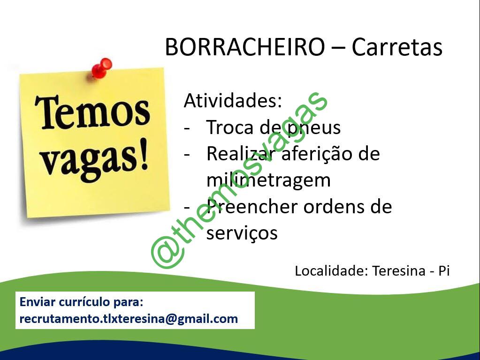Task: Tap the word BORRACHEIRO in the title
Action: (244, 47)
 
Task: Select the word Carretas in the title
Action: (397, 47)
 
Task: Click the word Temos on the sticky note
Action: (92, 112)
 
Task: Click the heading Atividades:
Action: (233, 100)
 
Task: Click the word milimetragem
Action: (268, 180)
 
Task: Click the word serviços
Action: (242, 234)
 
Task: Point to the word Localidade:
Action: (331, 270)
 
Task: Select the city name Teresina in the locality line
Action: (399, 270)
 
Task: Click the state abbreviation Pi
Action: (444, 270)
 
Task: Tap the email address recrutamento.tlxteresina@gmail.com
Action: (129, 319)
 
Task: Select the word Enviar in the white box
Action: (37, 302)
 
